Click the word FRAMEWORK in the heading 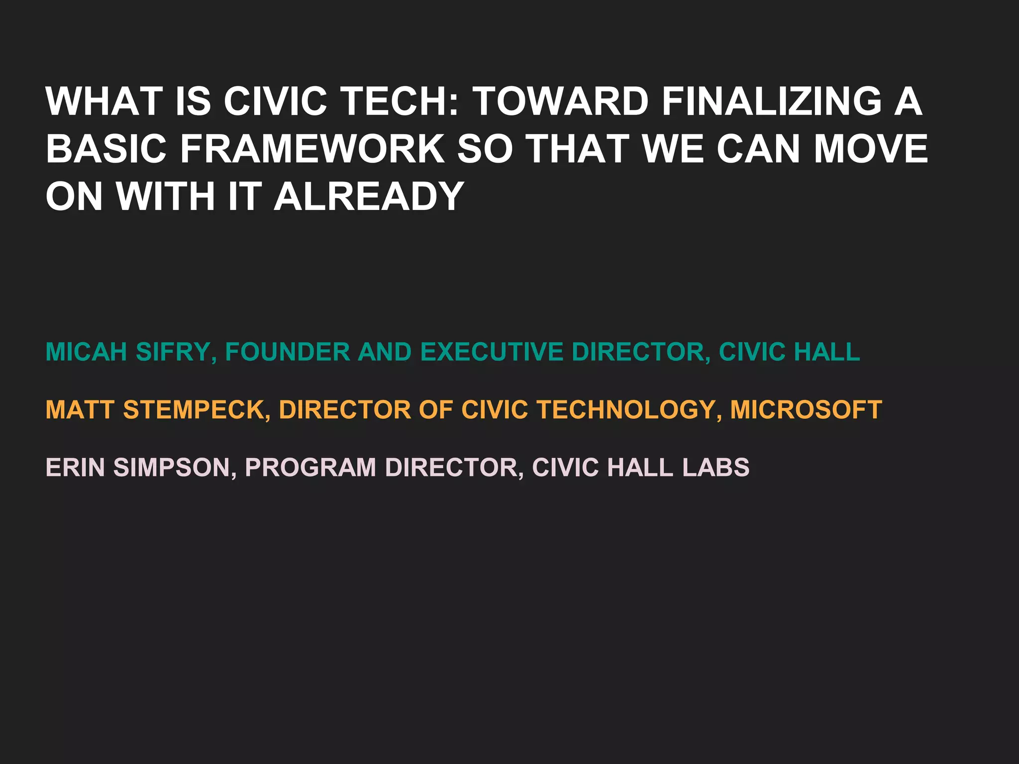pyautogui.click(x=312, y=149)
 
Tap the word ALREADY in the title pyautogui.click(x=369, y=196)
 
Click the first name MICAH pyautogui.click(x=86, y=352)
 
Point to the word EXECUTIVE pyautogui.click(x=492, y=352)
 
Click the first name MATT pyautogui.click(x=79, y=410)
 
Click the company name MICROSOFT pyautogui.click(x=806, y=410)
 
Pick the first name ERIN pyautogui.click(x=75, y=468)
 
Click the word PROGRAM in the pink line pyautogui.click(x=310, y=468)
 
